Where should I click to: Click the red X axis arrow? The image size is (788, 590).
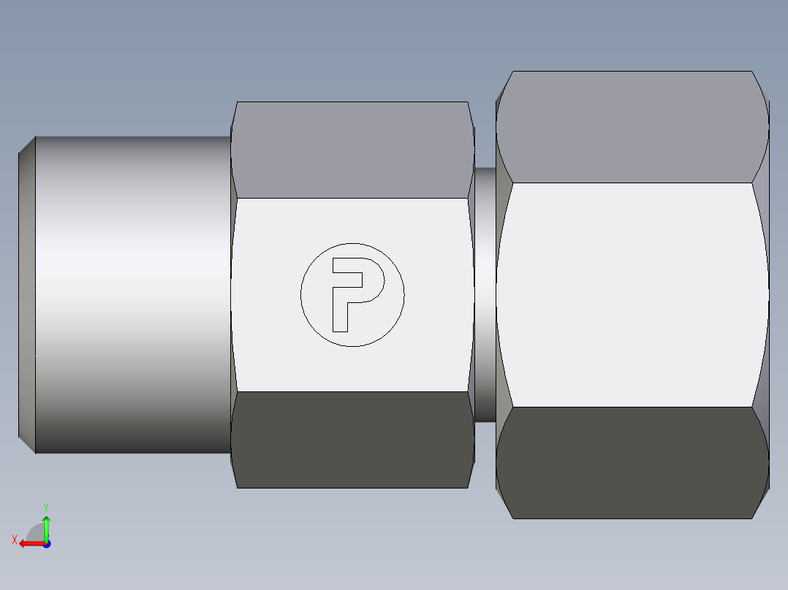point(28,543)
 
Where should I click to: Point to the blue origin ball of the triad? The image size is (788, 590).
point(46,543)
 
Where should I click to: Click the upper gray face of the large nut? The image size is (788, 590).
point(632,127)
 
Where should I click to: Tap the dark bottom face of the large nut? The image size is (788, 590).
point(632,463)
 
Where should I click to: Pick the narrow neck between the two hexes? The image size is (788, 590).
point(485,295)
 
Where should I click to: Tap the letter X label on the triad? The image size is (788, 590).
point(15,540)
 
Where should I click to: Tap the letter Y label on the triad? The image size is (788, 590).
point(45,507)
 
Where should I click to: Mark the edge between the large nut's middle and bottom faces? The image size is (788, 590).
point(632,407)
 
